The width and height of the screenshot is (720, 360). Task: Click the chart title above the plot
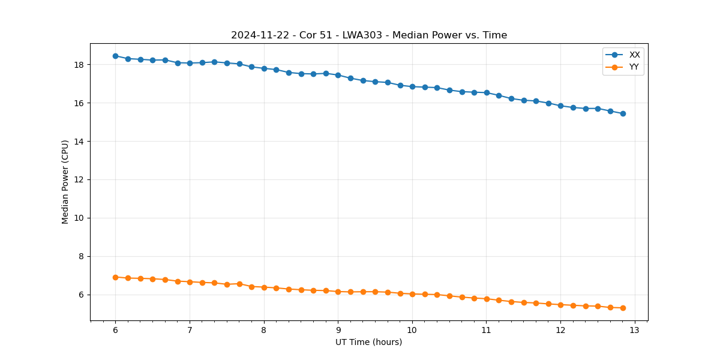point(369,35)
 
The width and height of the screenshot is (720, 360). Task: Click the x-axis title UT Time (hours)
point(369,342)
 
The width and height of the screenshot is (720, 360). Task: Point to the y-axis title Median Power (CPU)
point(65,182)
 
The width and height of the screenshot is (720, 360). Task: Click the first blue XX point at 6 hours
point(115,56)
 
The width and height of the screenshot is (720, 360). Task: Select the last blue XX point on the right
point(623,113)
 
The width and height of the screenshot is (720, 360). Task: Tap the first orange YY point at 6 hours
point(115,277)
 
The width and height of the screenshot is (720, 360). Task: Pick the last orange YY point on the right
point(623,308)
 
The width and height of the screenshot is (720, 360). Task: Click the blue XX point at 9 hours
point(338,75)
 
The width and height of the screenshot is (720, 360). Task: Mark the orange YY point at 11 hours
point(487,299)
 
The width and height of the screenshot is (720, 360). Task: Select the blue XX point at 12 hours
point(560,106)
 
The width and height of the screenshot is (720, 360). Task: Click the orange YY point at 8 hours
point(264,287)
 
